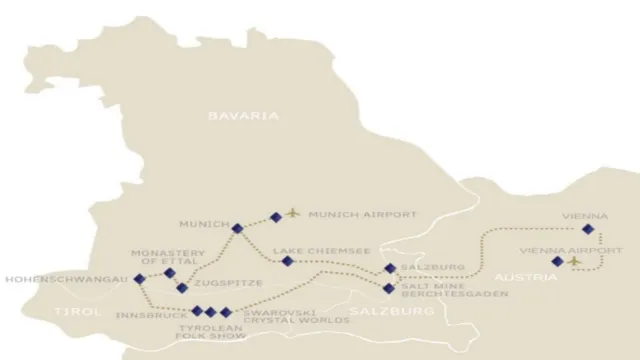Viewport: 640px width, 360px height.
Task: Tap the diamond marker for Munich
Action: click(x=237, y=229)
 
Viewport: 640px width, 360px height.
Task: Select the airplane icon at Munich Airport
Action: click(x=293, y=213)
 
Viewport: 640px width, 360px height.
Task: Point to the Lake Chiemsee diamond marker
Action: click(x=288, y=261)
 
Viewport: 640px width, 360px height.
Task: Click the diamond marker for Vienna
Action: click(x=588, y=230)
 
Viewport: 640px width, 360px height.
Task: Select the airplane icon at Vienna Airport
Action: click(x=575, y=261)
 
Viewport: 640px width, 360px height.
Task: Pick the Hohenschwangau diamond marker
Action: click(x=139, y=279)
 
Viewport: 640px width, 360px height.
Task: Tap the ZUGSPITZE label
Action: click(x=226, y=284)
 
